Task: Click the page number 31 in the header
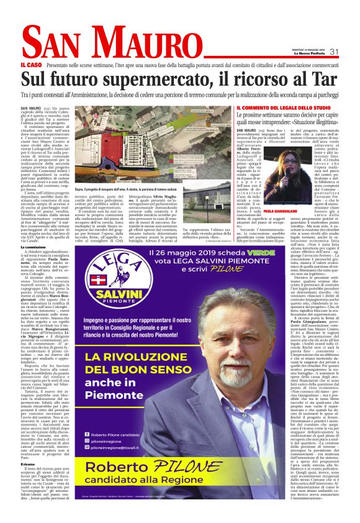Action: tap(334, 52)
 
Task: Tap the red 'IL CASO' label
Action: tap(30, 65)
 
